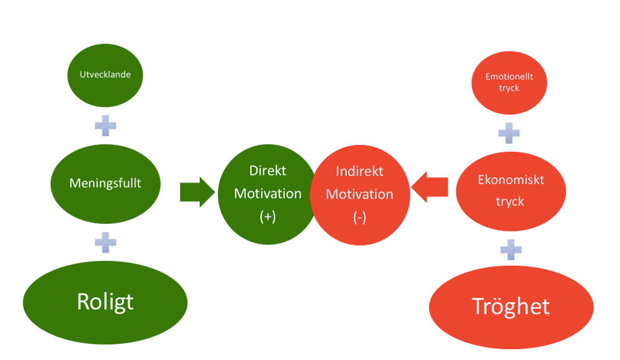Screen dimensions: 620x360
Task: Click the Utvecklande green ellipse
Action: [105, 75]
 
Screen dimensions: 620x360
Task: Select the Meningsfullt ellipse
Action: [105, 184]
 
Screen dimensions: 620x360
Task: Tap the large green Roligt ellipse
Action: [105, 303]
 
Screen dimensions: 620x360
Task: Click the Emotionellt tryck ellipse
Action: [510, 83]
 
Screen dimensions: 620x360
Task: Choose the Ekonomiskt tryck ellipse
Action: [511, 191]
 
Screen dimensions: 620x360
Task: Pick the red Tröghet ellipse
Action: [511, 308]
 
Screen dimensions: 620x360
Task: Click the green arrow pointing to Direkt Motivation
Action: [198, 192]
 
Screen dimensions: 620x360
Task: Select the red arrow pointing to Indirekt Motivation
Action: [429, 187]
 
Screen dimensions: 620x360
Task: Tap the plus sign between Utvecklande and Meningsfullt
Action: [105, 126]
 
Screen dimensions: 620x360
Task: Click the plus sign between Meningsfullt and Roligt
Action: [105, 242]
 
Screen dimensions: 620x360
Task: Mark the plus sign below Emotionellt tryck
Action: [509, 133]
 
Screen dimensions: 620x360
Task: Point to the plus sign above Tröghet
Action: [511, 249]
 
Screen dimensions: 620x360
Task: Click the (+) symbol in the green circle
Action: [268, 217]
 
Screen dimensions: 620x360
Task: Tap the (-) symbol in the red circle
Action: [359, 217]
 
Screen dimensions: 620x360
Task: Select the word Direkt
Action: [268, 170]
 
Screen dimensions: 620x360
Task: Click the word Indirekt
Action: [359, 171]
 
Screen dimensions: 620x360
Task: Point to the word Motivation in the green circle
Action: [268, 194]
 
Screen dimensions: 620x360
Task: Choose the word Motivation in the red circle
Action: [359, 194]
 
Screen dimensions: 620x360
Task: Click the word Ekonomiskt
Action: [511, 180]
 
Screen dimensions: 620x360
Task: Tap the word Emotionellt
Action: [510, 76]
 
